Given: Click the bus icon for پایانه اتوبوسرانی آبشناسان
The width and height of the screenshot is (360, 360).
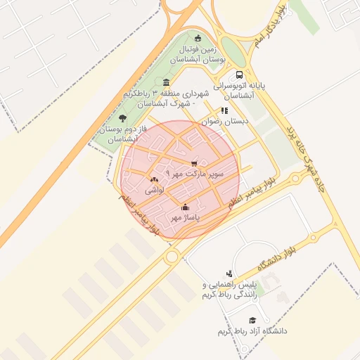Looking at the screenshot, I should pyautogui.click(x=240, y=74).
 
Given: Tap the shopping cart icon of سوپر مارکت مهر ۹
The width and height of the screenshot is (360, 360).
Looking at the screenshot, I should pyautogui.click(x=194, y=163).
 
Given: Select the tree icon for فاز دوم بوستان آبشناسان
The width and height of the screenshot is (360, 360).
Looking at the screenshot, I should pyautogui.click(x=123, y=118).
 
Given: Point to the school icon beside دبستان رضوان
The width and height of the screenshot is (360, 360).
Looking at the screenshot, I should pyautogui.click(x=224, y=110).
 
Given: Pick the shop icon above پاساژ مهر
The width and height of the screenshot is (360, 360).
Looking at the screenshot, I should pyautogui.click(x=186, y=207).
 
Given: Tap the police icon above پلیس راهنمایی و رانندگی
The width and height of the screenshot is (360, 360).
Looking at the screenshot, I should pyautogui.click(x=229, y=274).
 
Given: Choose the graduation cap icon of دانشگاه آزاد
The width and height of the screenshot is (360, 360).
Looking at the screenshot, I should pyautogui.click(x=243, y=320).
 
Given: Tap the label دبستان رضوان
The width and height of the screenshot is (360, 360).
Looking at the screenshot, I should pyautogui.click(x=225, y=121).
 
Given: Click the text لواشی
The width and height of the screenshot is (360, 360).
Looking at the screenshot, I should pyautogui.click(x=155, y=191).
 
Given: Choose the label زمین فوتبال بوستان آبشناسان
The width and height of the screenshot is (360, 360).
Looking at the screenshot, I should pyautogui.click(x=202, y=56).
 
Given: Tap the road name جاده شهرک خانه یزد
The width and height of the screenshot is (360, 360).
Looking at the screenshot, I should pyautogui.click(x=302, y=148).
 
